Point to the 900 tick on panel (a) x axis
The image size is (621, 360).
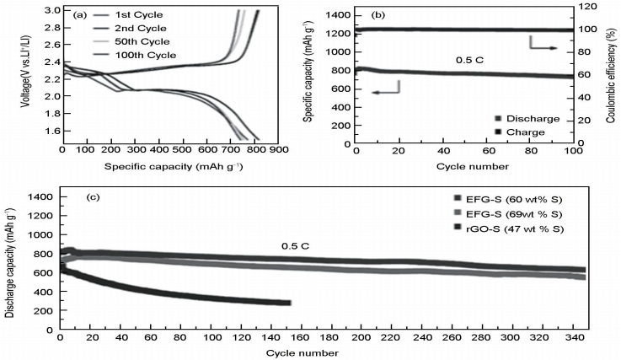click(280, 150)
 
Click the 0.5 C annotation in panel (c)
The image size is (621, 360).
click(297, 247)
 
